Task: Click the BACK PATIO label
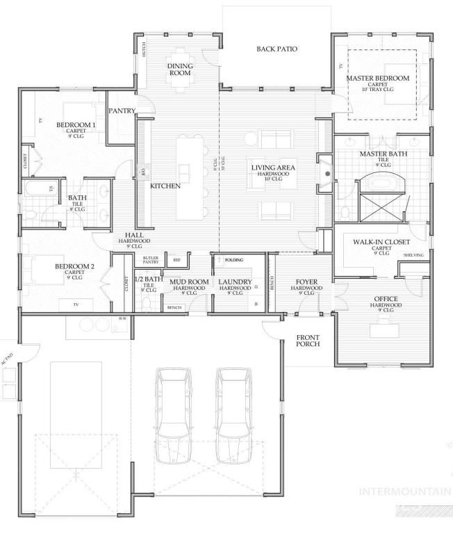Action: pyautogui.click(x=277, y=49)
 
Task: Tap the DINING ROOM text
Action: pyautogui.click(x=179, y=69)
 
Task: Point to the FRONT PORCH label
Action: pyautogui.click(x=307, y=341)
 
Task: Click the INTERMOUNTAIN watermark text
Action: pyautogui.click(x=404, y=492)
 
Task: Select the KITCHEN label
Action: pyautogui.click(x=165, y=186)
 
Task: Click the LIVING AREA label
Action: pyautogui.click(x=274, y=168)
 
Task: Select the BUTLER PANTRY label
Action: pyautogui.click(x=151, y=260)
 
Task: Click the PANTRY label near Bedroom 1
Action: pyautogui.click(x=122, y=111)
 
